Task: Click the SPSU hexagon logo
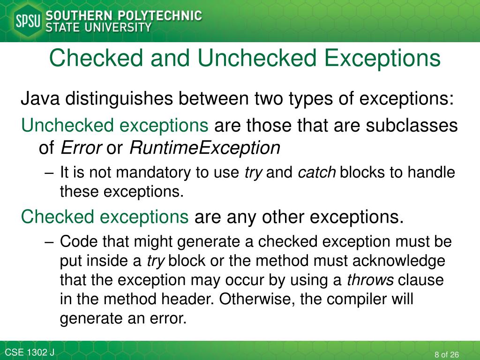tap(28, 21)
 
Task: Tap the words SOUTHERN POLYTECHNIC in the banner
tap(124, 15)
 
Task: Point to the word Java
tap(40, 99)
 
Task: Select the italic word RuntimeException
tap(204, 148)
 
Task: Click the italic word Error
tap(82, 148)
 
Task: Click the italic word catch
tap(317, 172)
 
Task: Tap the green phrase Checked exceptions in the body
tap(105, 217)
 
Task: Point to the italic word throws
tap(370, 280)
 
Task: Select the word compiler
tap(354, 299)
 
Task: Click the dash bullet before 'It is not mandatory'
tap(50, 172)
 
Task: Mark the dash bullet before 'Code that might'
tap(50, 242)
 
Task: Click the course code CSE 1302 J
tap(30, 352)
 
